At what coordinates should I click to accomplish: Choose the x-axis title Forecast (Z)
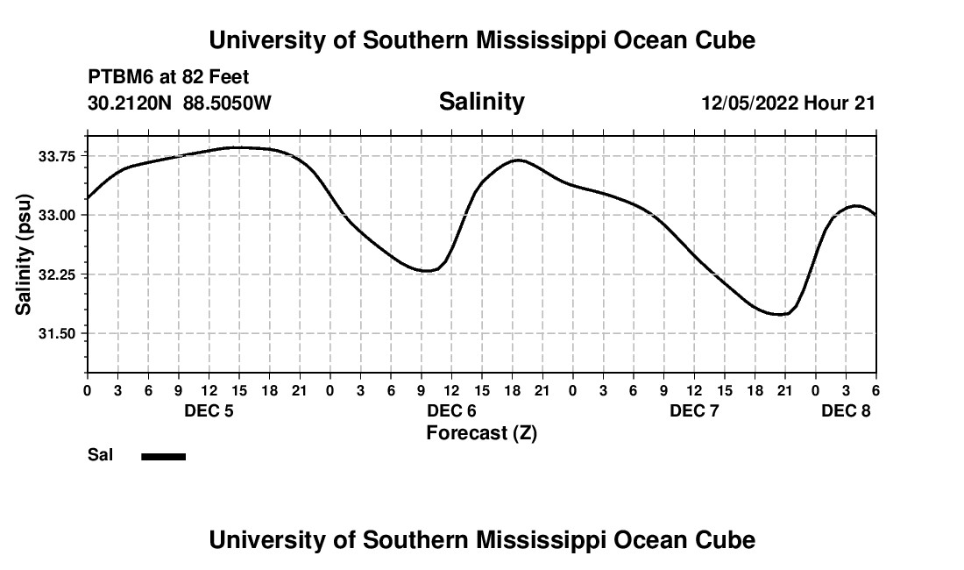(x=481, y=433)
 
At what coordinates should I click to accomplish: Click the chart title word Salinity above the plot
(x=481, y=102)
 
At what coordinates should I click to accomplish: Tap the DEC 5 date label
(x=208, y=410)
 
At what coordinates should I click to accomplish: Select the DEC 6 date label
(x=451, y=410)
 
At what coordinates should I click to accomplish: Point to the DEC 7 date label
(x=694, y=410)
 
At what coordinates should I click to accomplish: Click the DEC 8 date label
(x=845, y=410)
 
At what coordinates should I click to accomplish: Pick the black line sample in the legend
(x=164, y=456)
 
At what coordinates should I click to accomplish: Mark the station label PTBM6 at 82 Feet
(x=168, y=77)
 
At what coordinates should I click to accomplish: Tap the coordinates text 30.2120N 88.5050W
(x=180, y=103)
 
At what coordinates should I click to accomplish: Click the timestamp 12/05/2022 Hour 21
(x=788, y=103)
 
